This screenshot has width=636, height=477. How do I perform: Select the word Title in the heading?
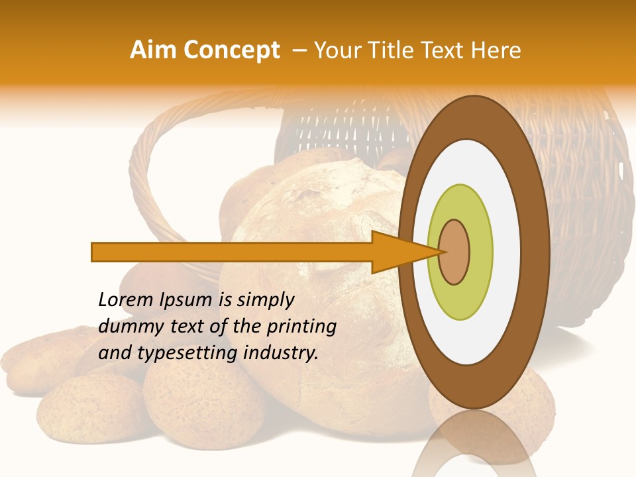tap(384, 50)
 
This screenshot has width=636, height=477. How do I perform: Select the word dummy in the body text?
tap(126, 327)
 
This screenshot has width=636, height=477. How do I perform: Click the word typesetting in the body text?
tap(188, 353)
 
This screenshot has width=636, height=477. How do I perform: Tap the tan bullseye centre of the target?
tap(454, 252)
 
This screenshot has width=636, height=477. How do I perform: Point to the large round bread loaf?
tap(311, 219)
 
